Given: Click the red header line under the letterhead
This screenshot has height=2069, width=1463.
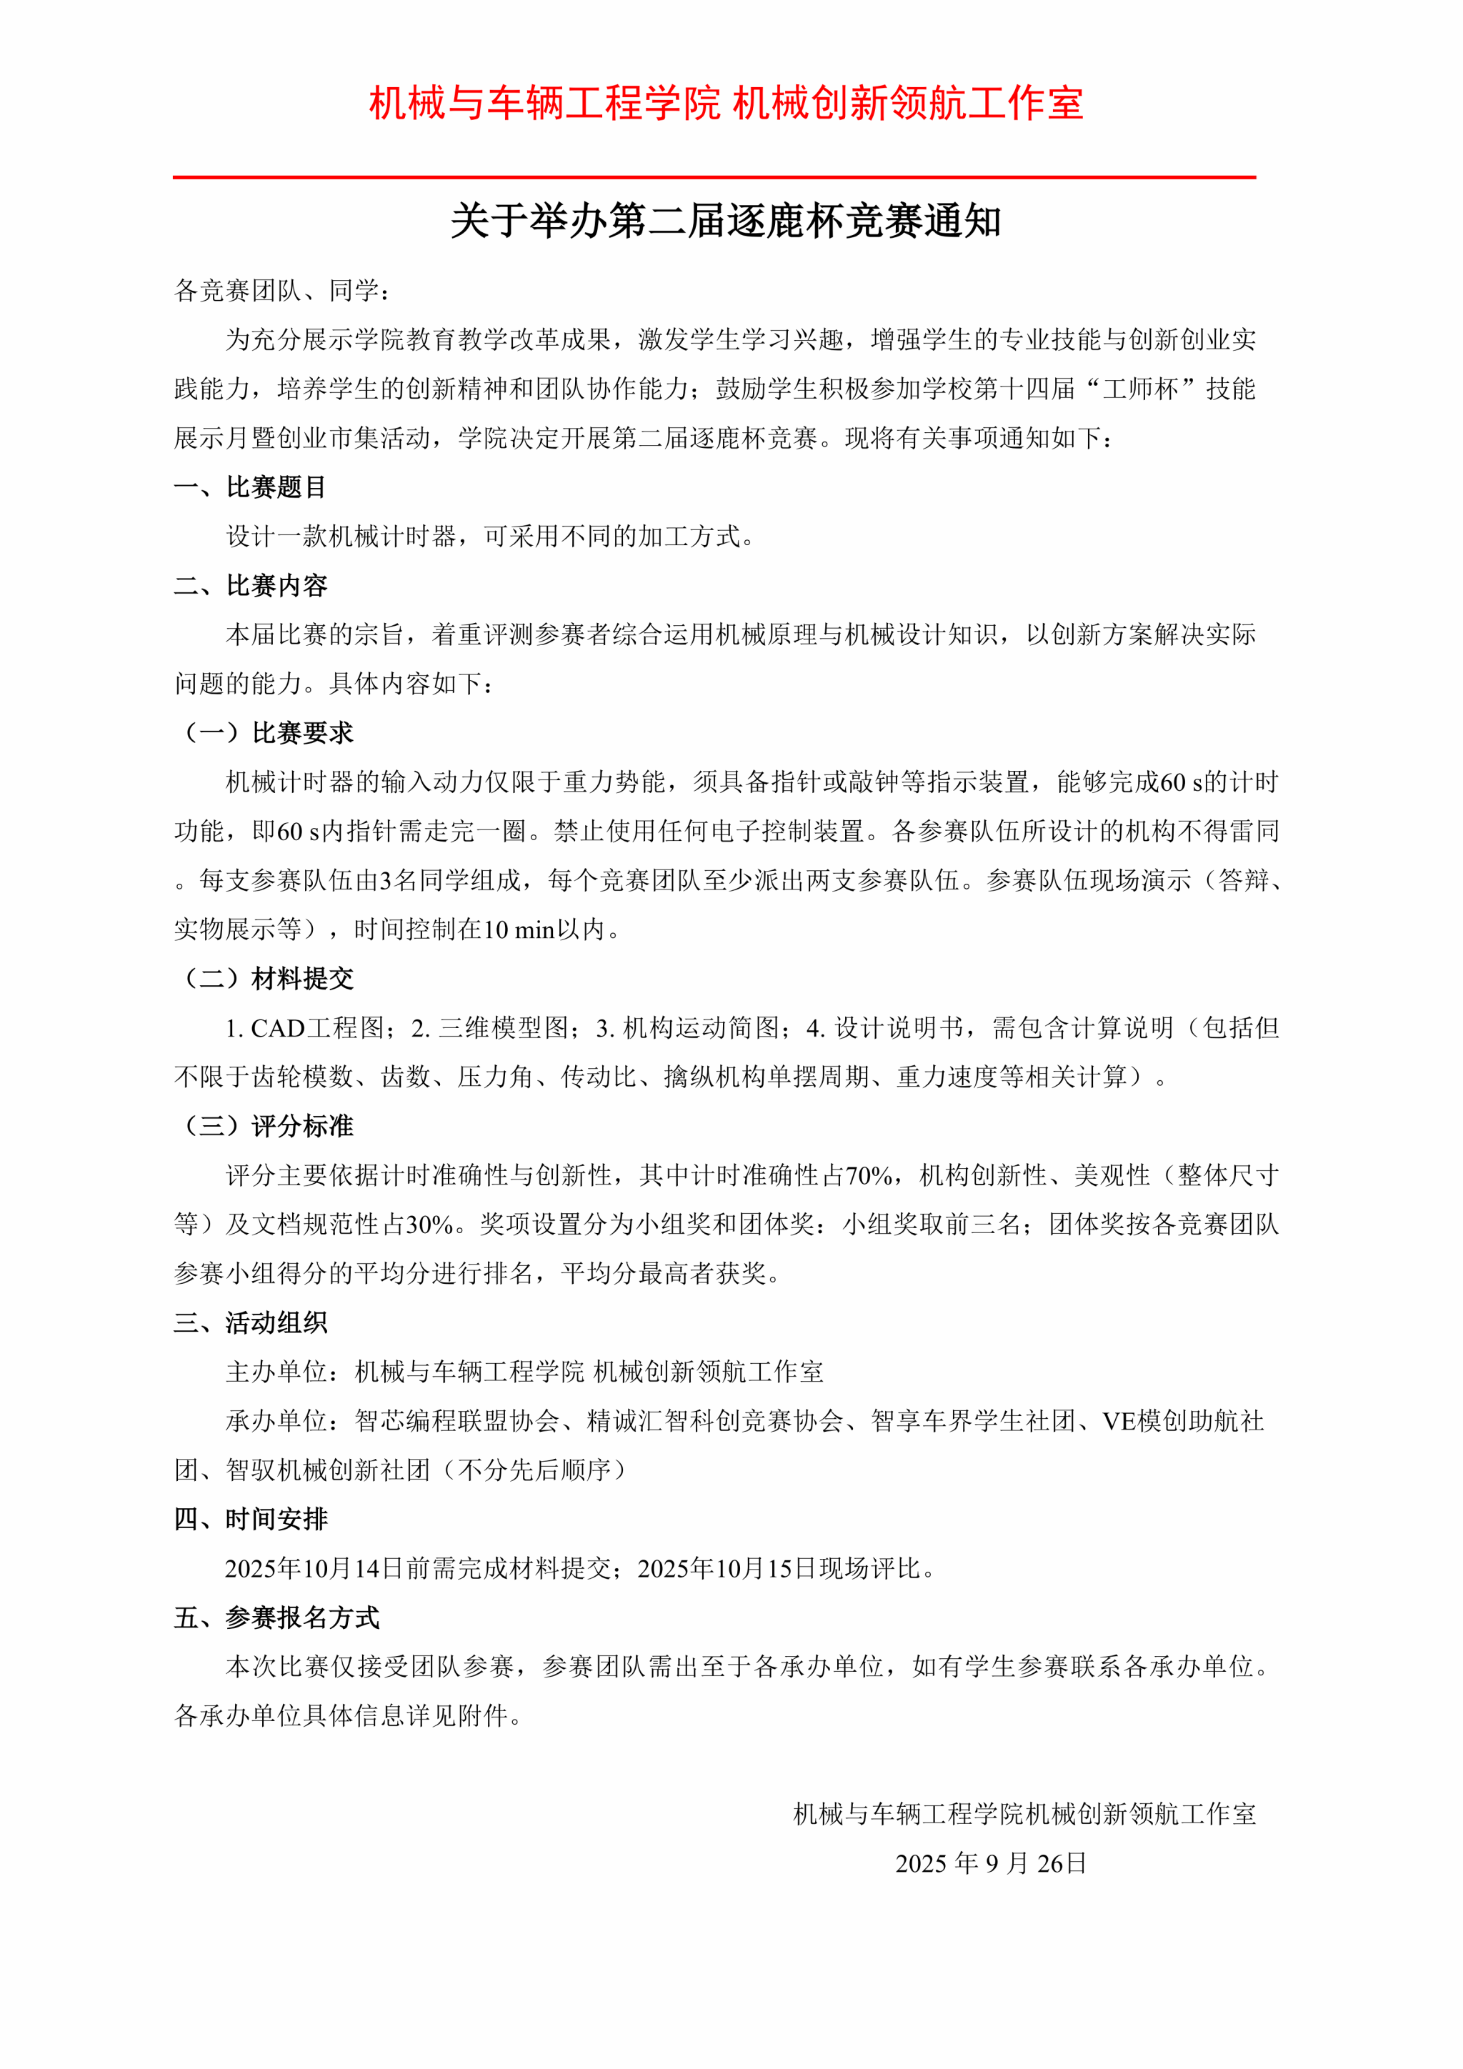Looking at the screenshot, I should click(x=714, y=177).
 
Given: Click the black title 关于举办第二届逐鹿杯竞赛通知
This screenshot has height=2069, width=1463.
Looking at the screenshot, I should click(x=725, y=221).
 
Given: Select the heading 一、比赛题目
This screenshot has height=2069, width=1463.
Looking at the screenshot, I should click(x=251, y=487).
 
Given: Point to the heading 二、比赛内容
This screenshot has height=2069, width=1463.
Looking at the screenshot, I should click(x=251, y=586).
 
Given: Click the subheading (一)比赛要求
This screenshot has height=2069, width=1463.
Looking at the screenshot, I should click(x=268, y=732).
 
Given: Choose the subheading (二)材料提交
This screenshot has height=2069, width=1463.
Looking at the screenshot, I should click(x=268, y=979).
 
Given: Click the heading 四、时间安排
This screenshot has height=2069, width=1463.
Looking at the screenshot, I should click(x=251, y=1520).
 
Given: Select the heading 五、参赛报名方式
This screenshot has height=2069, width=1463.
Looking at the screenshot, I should click(x=276, y=1617).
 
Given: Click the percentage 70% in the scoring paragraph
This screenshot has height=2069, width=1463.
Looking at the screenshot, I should click(x=869, y=1175).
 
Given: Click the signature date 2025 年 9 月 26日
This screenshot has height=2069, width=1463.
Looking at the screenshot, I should click(x=991, y=1863).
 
